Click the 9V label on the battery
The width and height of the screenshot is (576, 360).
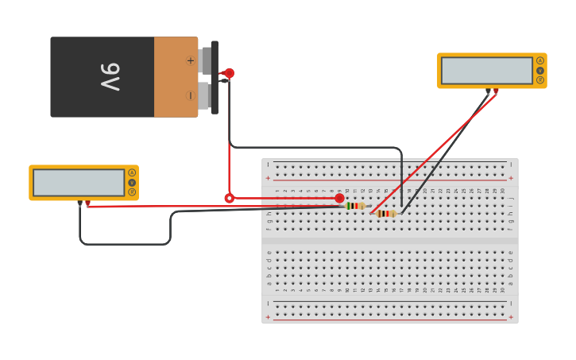pyautogui.click(x=110, y=77)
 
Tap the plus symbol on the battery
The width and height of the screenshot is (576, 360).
pyautogui.click(x=190, y=60)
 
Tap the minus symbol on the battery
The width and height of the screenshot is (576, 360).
pyautogui.click(x=190, y=95)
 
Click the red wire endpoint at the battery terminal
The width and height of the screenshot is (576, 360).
pyautogui.click(x=229, y=73)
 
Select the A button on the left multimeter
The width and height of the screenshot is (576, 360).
pyautogui.click(x=132, y=172)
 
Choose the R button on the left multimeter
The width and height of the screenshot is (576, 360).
pyautogui.click(x=132, y=192)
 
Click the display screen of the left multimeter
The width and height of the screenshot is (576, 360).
pyautogui.click(x=79, y=182)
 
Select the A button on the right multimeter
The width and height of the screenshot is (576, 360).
pyautogui.click(x=540, y=60)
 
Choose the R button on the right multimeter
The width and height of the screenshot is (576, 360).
pyautogui.click(x=540, y=79)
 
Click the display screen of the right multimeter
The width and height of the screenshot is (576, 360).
pyautogui.click(x=487, y=70)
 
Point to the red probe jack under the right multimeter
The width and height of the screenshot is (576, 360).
pyautogui.click(x=496, y=91)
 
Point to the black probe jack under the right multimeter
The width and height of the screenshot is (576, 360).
pyautogui.click(x=488, y=91)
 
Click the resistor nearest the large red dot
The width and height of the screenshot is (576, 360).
pyautogui.click(x=355, y=206)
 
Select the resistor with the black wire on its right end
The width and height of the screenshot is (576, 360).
pyautogui.click(x=386, y=213)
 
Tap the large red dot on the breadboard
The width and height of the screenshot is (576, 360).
pyautogui.click(x=339, y=198)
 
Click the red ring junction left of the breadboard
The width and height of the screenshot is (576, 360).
pyautogui.click(x=230, y=198)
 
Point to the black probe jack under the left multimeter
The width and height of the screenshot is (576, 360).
pyautogui.click(x=79, y=203)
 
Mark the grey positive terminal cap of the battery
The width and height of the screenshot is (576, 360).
pyautogui.click(x=206, y=60)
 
